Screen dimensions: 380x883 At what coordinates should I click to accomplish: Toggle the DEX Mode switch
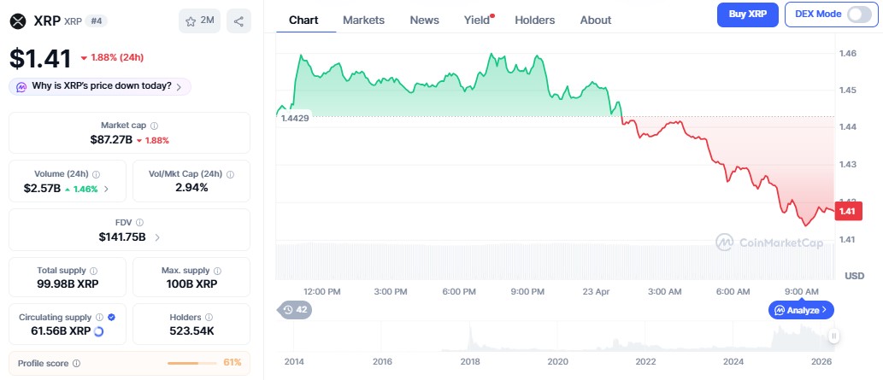(858, 15)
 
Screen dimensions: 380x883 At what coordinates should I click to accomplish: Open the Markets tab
(363, 20)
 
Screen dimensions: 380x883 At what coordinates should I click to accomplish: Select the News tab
(424, 20)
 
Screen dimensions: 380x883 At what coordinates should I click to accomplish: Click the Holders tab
(534, 20)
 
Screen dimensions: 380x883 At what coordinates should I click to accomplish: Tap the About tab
(595, 20)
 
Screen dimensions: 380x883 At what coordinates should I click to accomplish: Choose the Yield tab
(477, 20)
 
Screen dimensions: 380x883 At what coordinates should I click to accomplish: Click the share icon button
(238, 21)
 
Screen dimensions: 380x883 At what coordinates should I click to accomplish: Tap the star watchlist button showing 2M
(199, 21)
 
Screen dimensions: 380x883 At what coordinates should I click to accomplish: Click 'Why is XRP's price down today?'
(101, 86)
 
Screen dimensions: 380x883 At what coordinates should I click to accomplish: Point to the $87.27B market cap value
(111, 139)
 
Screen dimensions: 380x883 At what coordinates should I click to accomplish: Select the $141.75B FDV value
(122, 237)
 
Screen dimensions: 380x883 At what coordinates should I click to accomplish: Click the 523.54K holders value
(191, 330)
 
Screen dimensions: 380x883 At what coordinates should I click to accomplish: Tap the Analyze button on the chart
(802, 310)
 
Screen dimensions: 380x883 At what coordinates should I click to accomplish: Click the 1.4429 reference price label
(295, 118)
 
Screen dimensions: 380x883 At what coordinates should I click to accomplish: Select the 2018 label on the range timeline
(469, 362)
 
